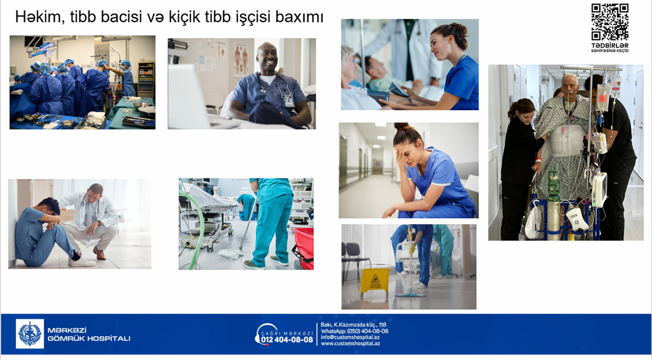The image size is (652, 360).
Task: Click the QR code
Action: [610, 22]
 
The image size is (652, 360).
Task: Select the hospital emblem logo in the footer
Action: [30, 334]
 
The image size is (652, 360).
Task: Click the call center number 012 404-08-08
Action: [287, 340]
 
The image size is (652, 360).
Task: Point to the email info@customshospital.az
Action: [350, 337]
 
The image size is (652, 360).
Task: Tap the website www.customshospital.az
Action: [350, 343]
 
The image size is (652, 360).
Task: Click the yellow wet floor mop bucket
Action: [375, 282]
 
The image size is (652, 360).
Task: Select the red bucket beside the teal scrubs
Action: [304, 248]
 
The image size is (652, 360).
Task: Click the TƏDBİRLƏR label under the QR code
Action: [610, 46]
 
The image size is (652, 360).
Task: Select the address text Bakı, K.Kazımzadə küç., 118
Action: [353, 325]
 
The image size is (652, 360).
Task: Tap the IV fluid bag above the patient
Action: [603, 97]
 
